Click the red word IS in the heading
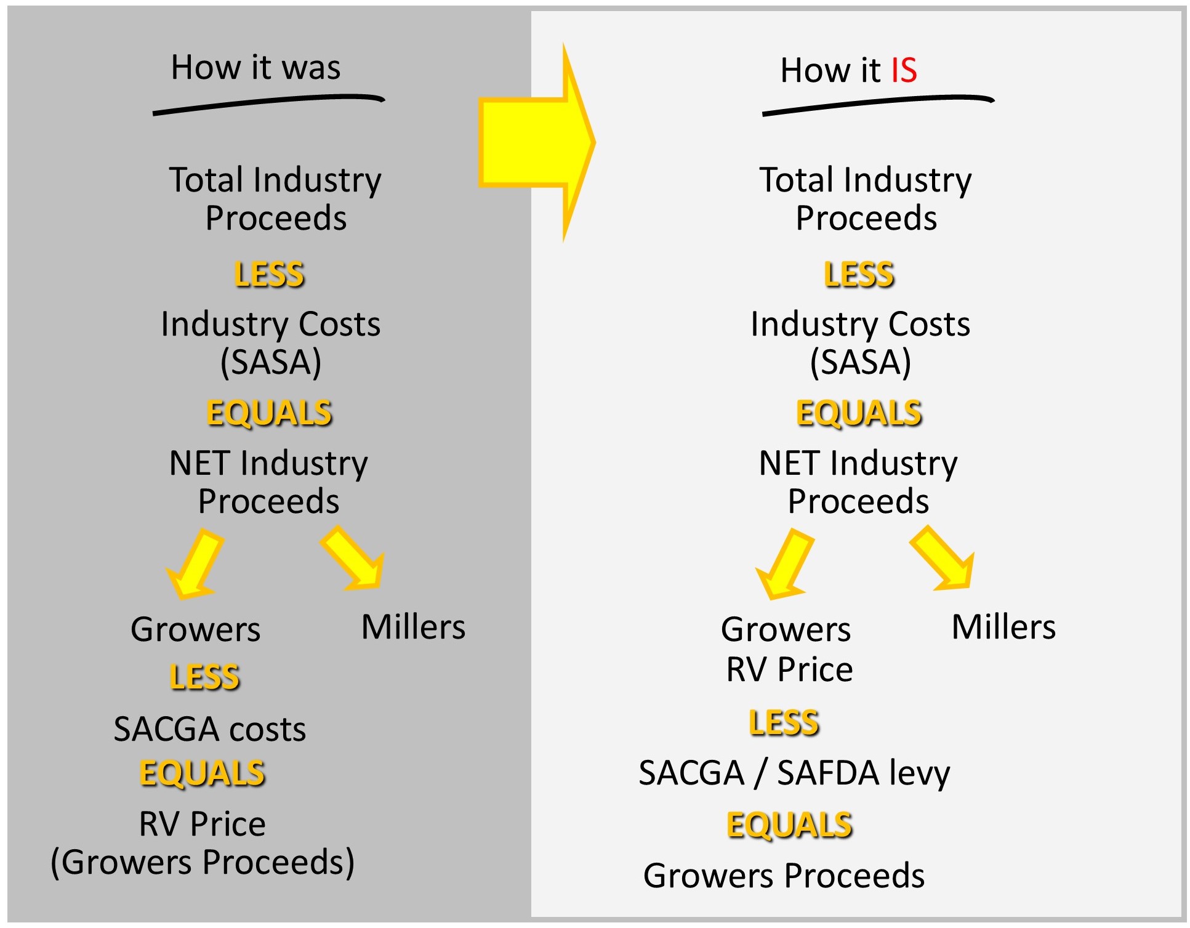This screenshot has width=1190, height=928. point(904,70)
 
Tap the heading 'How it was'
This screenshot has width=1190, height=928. point(255,67)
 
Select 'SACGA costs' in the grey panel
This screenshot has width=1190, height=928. point(210,729)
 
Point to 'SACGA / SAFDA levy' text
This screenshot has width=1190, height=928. point(794,774)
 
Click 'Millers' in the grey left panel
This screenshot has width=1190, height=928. point(413,627)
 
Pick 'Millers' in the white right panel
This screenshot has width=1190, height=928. point(1003,627)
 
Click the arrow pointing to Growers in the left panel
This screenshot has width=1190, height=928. point(194,563)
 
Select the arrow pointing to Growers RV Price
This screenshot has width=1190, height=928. point(784,563)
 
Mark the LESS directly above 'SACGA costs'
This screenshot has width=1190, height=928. point(204,677)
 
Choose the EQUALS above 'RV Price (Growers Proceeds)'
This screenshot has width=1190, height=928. point(203,773)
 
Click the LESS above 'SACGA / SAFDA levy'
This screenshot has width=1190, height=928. point(784,722)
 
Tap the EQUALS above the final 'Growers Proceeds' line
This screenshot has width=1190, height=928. point(790,825)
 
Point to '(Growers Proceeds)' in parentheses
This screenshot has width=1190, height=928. point(203,862)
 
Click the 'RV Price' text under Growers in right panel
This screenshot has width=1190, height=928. point(790,669)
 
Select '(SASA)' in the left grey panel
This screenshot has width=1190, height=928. point(271,362)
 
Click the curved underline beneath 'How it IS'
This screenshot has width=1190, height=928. point(878,104)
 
